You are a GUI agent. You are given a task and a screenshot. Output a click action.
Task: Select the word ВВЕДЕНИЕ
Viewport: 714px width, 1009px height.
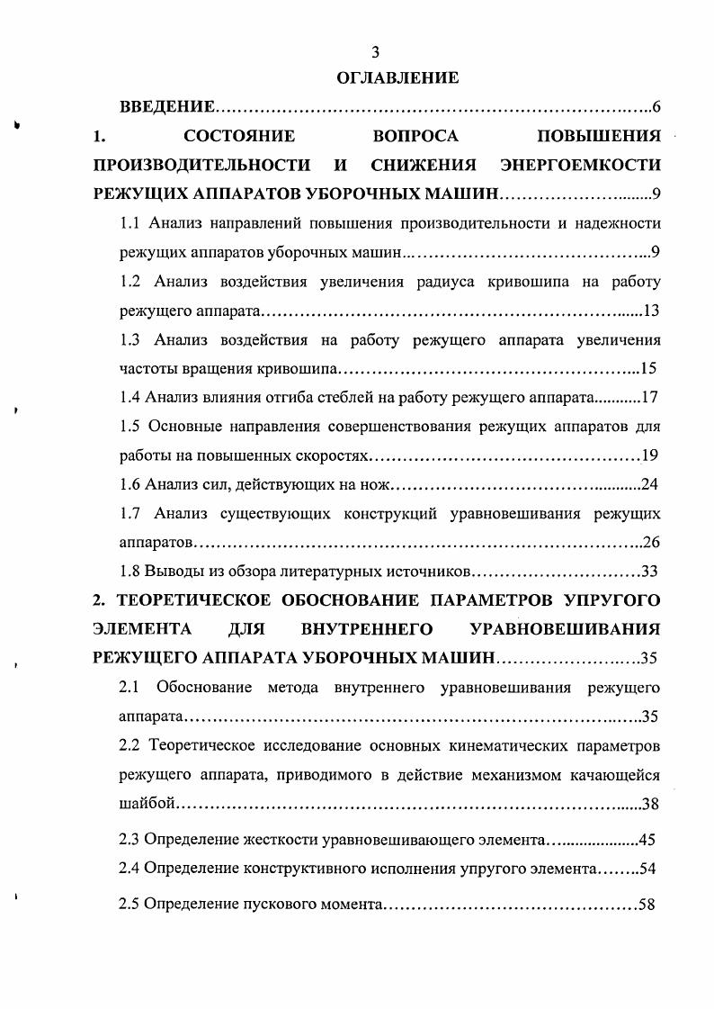(167, 109)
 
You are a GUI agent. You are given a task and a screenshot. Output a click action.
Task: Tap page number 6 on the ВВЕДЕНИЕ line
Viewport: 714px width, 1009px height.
(656, 109)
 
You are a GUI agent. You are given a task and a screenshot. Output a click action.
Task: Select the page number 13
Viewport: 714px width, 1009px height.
(652, 311)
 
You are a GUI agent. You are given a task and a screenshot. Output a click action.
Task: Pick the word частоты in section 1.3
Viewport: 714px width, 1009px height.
(147, 368)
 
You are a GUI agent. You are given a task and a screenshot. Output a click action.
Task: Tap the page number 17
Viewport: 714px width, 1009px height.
(652, 397)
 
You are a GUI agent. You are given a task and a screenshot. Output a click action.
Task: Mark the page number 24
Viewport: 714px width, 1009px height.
(650, 485)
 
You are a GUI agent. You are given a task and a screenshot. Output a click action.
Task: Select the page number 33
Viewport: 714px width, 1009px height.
(651, 572)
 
